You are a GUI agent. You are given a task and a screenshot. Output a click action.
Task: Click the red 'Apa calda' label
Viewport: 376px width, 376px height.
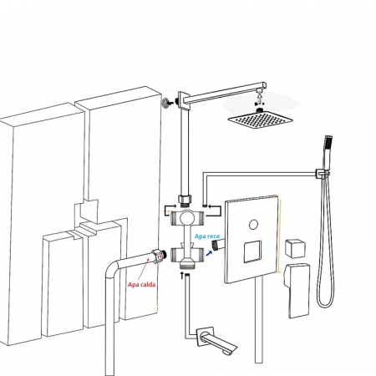[x=141, y=285]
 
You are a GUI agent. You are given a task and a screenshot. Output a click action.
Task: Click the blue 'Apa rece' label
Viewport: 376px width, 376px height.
[x=207, y=236]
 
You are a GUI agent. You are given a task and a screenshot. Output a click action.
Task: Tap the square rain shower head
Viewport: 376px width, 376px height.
[x=260, y=119]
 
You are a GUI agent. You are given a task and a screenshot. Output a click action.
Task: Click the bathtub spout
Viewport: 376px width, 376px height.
[x=217, y=341]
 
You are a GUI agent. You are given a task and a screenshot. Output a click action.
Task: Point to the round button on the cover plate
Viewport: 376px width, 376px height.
[x=253, y=225]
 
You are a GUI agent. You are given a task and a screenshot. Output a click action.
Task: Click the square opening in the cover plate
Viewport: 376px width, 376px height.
[x=252, y=252]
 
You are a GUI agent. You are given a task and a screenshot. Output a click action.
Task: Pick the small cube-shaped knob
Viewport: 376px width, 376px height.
[x=295, y=248]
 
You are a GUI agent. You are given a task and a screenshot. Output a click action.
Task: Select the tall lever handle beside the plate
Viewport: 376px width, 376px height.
[x=297, y=290]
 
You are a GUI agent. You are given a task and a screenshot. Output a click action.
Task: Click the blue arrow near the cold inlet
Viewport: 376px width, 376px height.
[x=209, y=253]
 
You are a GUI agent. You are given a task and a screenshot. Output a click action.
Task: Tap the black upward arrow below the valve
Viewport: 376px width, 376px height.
[x=182, y=276]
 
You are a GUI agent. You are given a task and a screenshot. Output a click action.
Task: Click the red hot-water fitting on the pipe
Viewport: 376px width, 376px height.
[x=160, y=257]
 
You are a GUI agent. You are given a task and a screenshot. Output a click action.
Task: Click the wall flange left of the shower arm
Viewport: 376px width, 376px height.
[x=165, y=103]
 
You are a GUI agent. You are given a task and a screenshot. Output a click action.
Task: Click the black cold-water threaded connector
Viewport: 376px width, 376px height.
[x=216, y=245]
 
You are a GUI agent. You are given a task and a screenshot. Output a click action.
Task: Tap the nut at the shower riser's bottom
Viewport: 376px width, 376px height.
[x=185, y=200]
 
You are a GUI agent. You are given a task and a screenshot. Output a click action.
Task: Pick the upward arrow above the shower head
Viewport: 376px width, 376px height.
[x=259, y=98]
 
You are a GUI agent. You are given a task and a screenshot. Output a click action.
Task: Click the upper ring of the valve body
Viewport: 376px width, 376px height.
[x=187, y=218]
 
